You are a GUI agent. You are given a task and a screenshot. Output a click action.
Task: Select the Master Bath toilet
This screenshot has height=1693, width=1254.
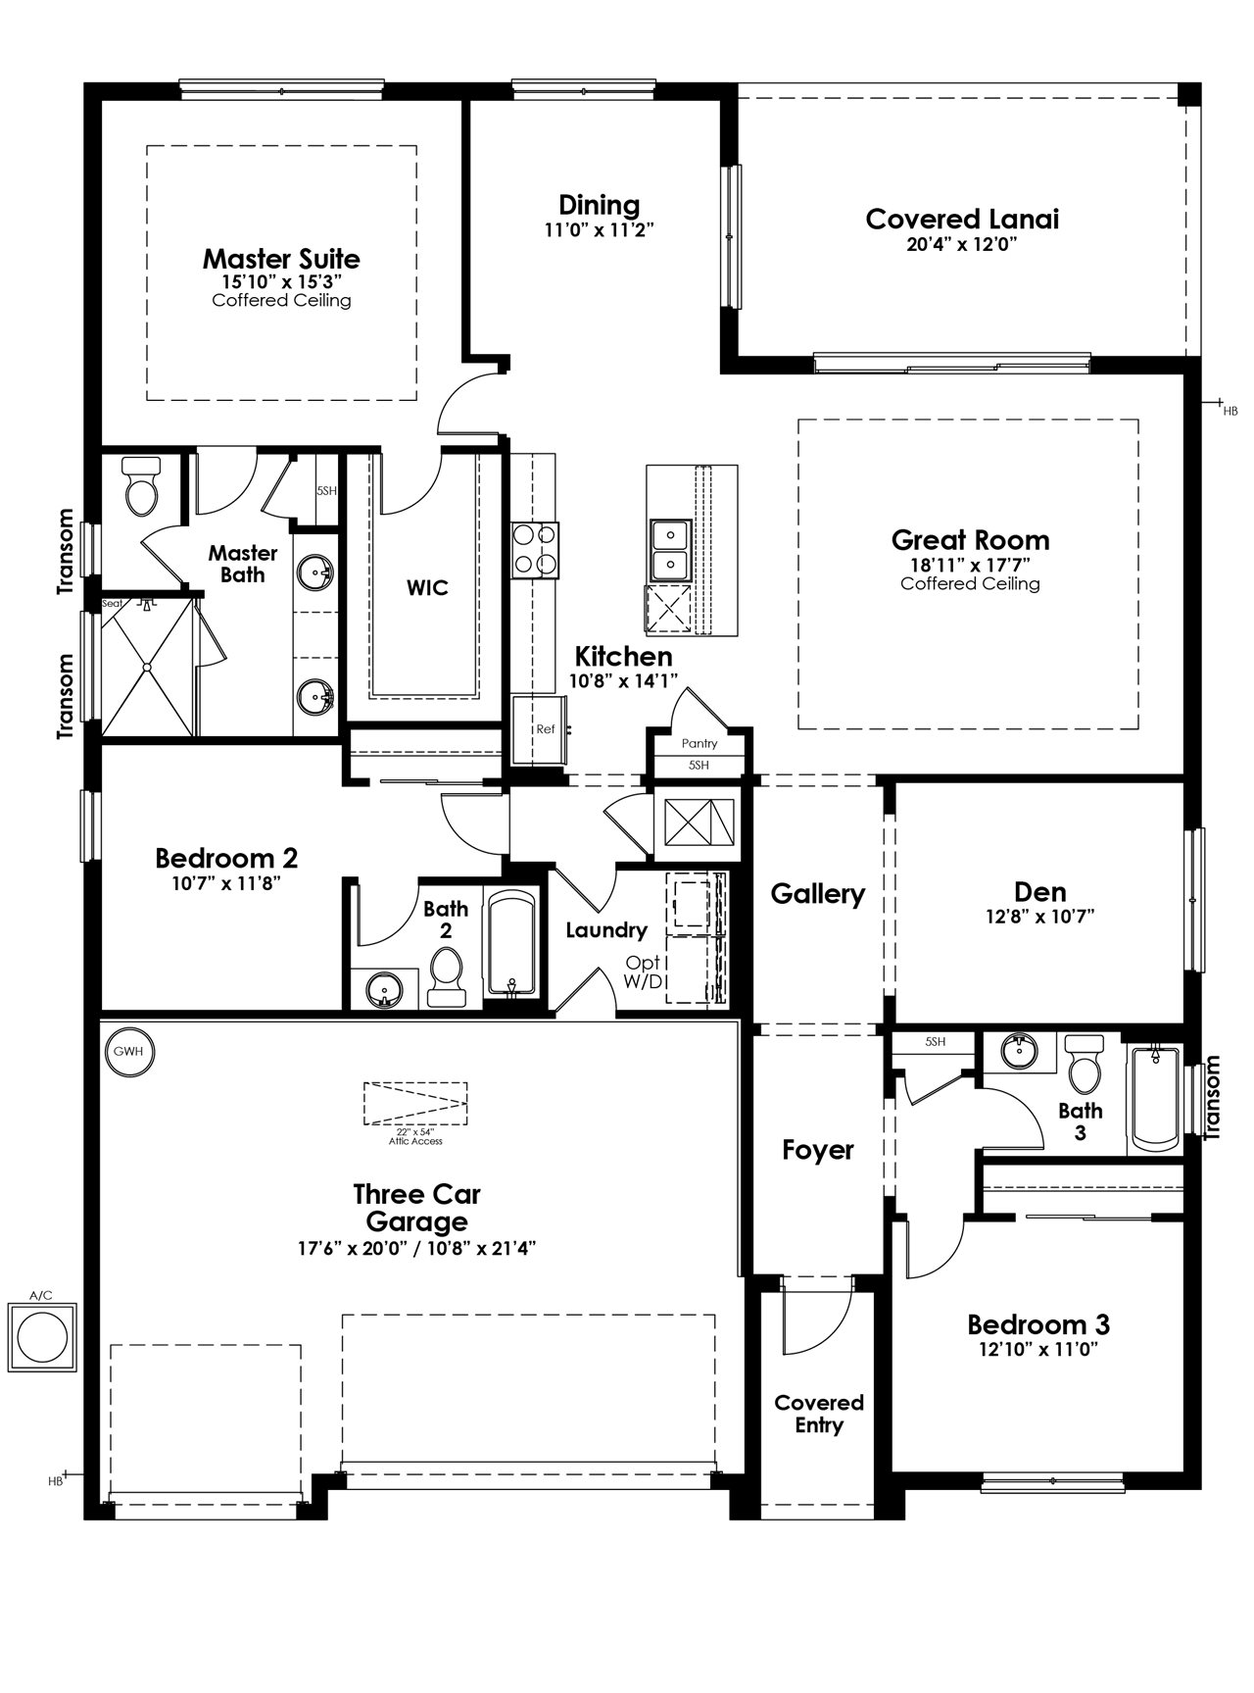click(x=142, y=486)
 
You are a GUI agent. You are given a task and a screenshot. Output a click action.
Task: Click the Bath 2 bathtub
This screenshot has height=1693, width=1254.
click(x=510, y=944)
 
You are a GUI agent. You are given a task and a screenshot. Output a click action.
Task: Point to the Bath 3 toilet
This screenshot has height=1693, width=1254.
click(x=1085, y=1064)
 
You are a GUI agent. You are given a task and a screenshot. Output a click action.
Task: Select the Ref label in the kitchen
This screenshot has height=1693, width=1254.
click(x=546, y=729)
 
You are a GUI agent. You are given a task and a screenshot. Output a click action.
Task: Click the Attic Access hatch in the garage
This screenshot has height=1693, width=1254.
click(x=415, y=1105)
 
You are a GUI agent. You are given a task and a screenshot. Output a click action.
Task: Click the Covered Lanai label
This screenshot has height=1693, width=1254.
click(x=962, y=219)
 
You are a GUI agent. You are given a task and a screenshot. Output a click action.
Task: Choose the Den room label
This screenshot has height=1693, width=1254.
click(x=1040, y=892)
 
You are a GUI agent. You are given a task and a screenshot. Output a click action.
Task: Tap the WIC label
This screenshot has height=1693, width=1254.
click(x=427, y=588)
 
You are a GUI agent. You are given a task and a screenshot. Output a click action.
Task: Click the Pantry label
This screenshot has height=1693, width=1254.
click(x=699, y=744)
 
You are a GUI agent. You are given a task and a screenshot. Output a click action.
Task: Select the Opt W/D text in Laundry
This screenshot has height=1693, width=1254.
click(x=645, y=971)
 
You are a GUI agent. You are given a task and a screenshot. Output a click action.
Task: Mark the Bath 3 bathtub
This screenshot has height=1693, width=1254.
click(x=1156, y=1099)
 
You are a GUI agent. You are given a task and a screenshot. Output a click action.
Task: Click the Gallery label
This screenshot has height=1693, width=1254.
click(x=818, y=894)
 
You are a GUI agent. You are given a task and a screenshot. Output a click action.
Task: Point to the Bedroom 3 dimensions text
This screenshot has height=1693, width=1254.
click(x=1038, y=1349)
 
